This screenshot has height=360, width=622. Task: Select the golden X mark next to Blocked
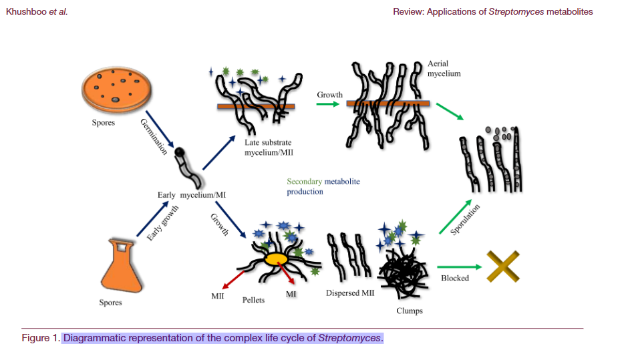click(x=503, y=266)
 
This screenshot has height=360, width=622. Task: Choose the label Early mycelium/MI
click(x=190, y=195)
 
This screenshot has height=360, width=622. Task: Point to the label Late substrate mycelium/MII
click(x=268, y=147)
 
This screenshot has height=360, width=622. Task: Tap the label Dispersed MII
click(x=349, y=293)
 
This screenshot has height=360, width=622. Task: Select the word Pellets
click(x=253, y=300)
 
